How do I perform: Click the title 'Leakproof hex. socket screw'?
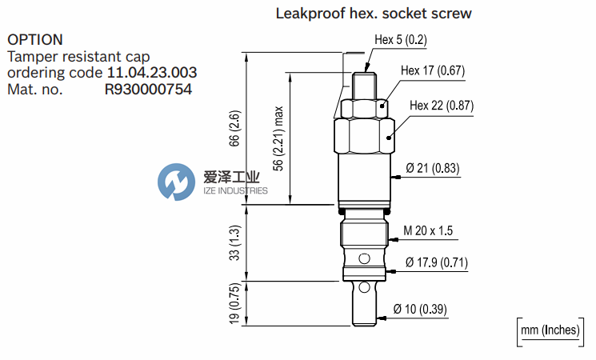point(373,14)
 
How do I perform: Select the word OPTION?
point(35,39)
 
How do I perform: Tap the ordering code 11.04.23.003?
point(152,73)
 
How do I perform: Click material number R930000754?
point(149,90)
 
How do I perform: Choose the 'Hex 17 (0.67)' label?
point(432,71)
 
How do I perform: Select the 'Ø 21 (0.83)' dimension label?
point(432,168)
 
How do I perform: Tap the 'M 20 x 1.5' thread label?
point(428,230)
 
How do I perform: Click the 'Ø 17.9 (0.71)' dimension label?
point(437,262)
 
